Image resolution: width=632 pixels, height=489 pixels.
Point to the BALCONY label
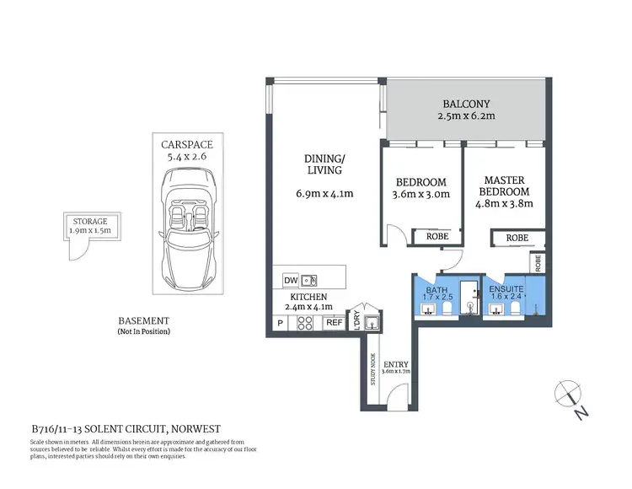466,106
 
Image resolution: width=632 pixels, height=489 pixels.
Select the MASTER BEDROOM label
504,186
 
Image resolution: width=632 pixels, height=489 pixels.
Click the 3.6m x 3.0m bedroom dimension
422,194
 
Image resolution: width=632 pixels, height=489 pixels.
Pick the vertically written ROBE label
538,262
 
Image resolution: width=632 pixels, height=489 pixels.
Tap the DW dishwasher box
289,280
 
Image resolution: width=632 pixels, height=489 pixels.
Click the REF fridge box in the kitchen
334,323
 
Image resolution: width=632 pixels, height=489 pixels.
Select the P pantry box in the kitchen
279,323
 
